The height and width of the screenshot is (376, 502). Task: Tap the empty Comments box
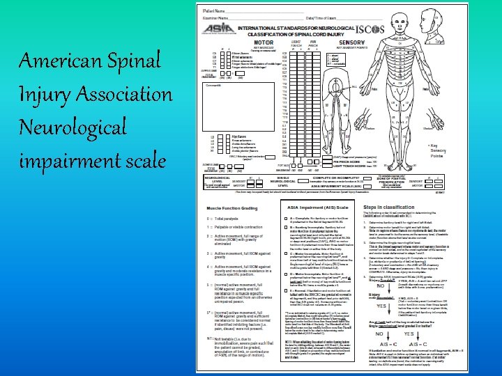[x=240, y=104]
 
